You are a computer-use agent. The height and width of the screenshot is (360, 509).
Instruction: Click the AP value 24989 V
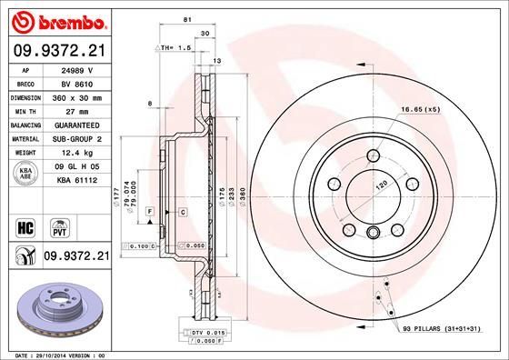(78, 68)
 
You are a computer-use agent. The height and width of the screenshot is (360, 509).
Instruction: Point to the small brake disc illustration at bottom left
(55, 308)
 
